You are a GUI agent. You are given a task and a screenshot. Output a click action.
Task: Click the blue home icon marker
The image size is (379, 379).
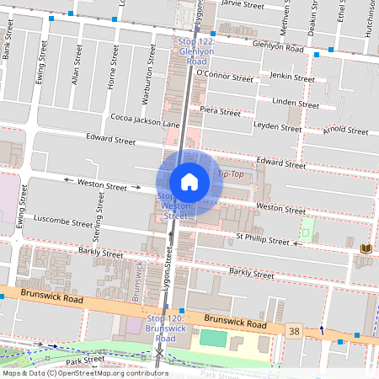(x=189, y=182)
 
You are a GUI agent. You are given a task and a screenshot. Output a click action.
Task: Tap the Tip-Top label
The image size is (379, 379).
(x=231, y=173)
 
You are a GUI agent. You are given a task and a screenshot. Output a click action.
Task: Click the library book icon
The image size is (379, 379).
(x=366, y=249)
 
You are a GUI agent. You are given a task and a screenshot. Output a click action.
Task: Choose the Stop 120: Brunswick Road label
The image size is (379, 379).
(x=165, y=328)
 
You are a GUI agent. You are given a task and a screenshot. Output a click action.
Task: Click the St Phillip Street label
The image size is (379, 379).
(x=262, y=240)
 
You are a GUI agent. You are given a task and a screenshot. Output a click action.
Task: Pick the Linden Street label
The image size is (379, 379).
(x=296, y=104)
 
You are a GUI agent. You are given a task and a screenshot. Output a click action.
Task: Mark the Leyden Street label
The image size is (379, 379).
(x=277, y=128)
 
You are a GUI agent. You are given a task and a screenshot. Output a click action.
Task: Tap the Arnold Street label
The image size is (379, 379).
(x=345, y=130)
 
